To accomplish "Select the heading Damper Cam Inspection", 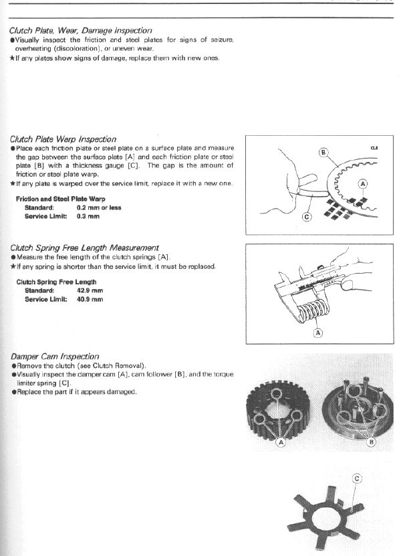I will pos(54,357).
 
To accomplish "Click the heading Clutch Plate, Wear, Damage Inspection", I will pos(80,31).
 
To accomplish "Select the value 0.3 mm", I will pos(88,216).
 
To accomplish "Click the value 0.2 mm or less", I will pos(99,207).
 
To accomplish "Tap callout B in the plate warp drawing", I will pos(323,153).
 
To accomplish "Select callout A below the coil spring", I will pos(318,332).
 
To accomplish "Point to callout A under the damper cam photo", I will pos(281,442).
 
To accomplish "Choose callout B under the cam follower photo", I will pos(372,442).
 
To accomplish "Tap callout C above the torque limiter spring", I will pos(357,478).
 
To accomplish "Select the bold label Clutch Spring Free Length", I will pos(56,282).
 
